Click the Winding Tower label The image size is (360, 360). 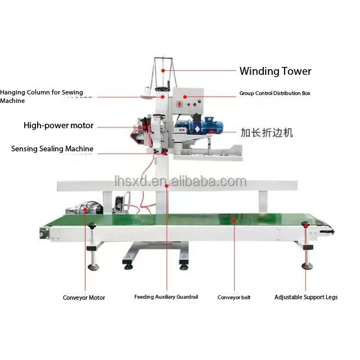(x=275, y=71)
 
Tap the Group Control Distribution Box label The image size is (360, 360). (x=275, y=93)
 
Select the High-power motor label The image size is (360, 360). (x=58, y=125)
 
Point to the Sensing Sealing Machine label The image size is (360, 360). (x=52, y=148)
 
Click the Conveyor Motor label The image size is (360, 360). (x=84, y=298)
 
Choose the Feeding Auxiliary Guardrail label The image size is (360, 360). (x=166, y=297)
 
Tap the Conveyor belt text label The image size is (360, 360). (x=234, y=298)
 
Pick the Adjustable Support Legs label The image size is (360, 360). (x=306, y=297)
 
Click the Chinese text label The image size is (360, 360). (x=267, y=133)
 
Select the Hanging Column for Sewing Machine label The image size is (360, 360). (x=42, y=96)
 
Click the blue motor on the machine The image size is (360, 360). (x=199, y=125)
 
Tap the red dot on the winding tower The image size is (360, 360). (x=163, y=70)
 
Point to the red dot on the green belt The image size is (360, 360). (x=234, y=221)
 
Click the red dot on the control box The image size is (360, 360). (x=185, y=97)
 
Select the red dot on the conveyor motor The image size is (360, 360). (x=85, y=209)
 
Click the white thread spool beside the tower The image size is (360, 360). (x=147, y=92)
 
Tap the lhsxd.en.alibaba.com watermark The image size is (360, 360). (x=181, y=182)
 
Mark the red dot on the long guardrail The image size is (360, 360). (x=166, y=186)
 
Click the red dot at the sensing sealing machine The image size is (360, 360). (x=165, y=153)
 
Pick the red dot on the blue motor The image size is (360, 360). (x=211, y=132)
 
